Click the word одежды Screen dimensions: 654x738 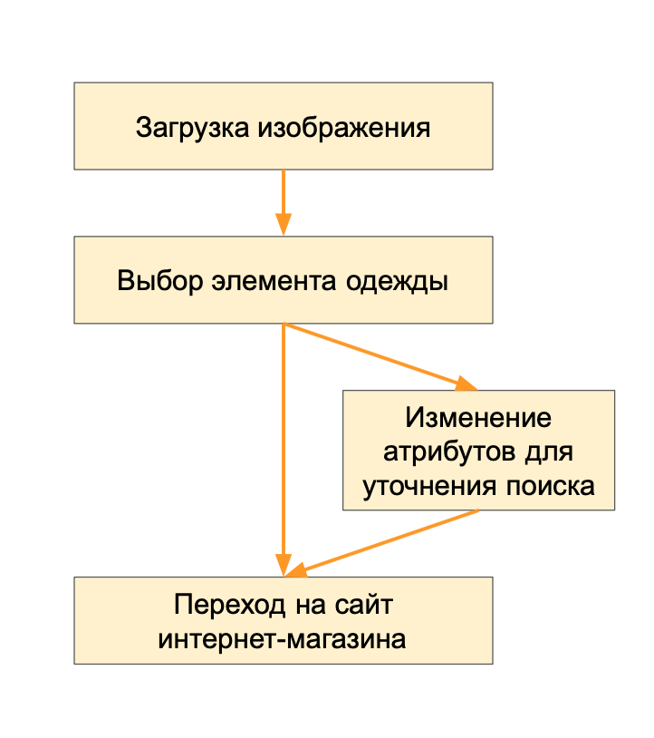[397, 281]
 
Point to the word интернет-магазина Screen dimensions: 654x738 [283, 638]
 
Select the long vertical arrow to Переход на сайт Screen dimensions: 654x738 [284, 444]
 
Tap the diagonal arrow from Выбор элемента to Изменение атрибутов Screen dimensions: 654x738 [371, 354]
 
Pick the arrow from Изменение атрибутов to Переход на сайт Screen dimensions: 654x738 [390, 541]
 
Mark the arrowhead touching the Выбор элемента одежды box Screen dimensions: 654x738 [284, 226]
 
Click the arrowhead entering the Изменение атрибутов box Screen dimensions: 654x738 [466, 384]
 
